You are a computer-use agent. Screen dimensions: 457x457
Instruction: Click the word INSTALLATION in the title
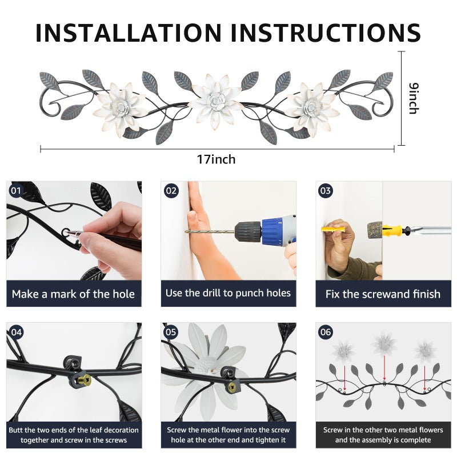(129, 33)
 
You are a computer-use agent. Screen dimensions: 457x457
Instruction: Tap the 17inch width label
(216, 159)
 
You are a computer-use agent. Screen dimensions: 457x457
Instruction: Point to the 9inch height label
(414, 98)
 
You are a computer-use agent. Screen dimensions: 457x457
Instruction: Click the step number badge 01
(17, 191)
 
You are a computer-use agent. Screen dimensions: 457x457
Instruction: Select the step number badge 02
(171, 191)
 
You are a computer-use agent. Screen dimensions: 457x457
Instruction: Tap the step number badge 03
(326, 191)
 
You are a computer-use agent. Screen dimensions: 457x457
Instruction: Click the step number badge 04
(17, 332)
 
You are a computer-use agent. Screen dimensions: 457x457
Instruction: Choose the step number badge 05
(171, 332)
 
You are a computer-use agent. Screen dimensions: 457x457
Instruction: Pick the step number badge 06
(326, 332)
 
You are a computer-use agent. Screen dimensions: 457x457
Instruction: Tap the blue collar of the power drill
(272, 232)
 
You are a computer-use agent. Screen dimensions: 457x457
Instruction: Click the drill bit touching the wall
(210, 232)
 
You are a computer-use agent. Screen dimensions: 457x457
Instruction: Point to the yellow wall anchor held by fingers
(334, 229)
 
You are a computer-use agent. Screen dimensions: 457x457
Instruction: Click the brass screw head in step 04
(85, 379)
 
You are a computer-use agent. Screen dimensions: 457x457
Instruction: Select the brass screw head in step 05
(232, 387)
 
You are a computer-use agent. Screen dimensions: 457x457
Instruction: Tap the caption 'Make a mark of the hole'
(74, 294)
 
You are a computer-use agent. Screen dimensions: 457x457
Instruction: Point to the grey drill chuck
(248, 232)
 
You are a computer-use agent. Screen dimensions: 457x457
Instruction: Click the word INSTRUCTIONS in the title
(326, 33)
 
